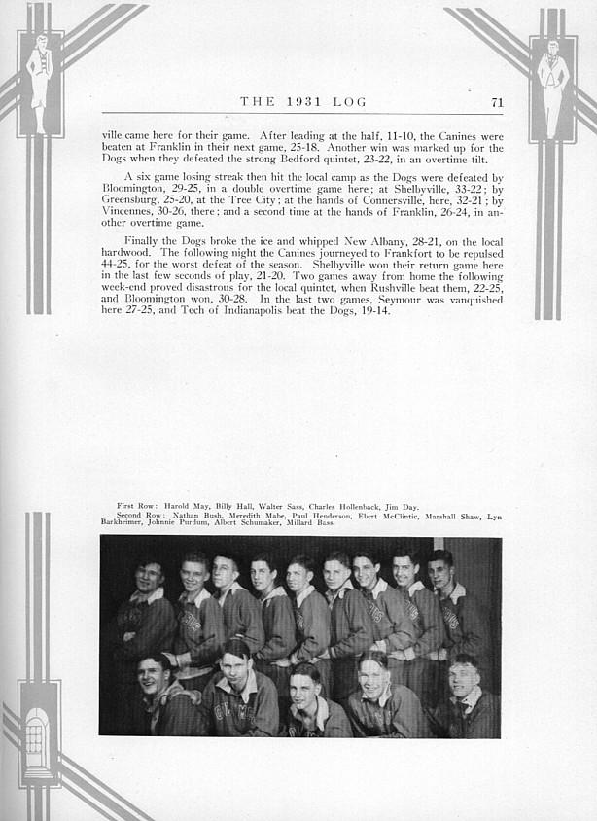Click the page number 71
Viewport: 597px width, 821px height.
tap(497, 101)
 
